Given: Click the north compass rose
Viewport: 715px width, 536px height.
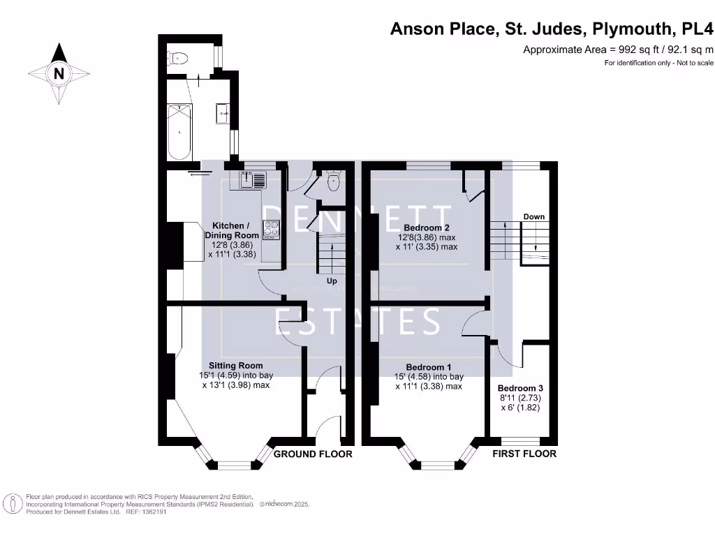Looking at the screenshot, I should [59, 73].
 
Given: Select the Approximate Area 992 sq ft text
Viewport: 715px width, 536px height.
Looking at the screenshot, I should [618, 49].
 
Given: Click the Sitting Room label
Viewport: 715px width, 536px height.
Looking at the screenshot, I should [236, 365].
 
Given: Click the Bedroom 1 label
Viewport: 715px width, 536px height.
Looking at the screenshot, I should [429, 367].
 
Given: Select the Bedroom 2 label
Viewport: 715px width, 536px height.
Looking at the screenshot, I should [426, 228].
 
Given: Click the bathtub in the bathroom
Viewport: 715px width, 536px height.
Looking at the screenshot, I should [181, 131].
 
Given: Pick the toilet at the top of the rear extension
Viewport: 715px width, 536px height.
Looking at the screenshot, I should [179, 59].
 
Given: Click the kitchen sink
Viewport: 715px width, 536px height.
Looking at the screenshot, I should [252, 180].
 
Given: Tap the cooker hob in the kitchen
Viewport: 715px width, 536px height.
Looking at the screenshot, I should [270, 230].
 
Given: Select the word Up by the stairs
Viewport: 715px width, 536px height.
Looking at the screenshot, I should [332, 281].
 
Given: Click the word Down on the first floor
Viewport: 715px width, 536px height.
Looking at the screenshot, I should [534, 217].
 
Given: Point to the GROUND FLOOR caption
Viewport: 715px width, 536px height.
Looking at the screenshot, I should [313, 454].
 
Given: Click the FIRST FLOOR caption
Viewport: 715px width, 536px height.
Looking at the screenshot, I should [524, 454].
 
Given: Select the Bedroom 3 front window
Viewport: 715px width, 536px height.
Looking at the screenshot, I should [521, 441].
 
